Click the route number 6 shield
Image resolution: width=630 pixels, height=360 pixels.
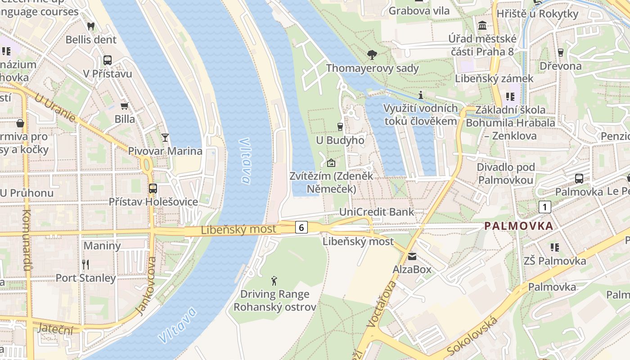coord(301,227)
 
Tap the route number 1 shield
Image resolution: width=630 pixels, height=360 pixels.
coord(544,207)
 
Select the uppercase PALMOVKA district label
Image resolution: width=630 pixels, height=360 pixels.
coord(518,226)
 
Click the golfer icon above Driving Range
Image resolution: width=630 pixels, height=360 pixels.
coord(274,281)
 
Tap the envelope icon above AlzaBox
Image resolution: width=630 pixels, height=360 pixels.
coord(412,256)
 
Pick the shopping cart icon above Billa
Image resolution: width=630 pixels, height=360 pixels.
coord(125,106)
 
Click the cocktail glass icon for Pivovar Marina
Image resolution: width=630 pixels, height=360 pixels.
coord(165,137)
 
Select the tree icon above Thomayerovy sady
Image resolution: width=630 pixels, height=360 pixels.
coord(372,55)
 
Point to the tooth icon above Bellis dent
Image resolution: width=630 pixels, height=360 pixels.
coord(91,26)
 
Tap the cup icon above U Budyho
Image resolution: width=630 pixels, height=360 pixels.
coord(340,127)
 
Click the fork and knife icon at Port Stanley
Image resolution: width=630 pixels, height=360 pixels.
coord(85,264)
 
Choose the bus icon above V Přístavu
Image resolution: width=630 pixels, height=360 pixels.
coord(108,60)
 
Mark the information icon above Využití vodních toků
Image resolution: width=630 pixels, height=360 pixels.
coord(421,95)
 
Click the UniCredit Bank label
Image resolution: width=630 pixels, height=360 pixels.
coord(376,212)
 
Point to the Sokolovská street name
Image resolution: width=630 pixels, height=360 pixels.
coord(472,337)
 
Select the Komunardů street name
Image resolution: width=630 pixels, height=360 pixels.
coord(26,241)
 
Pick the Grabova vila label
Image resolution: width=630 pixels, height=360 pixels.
coord(419,11)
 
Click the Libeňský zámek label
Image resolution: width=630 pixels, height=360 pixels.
coord(494,78)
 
